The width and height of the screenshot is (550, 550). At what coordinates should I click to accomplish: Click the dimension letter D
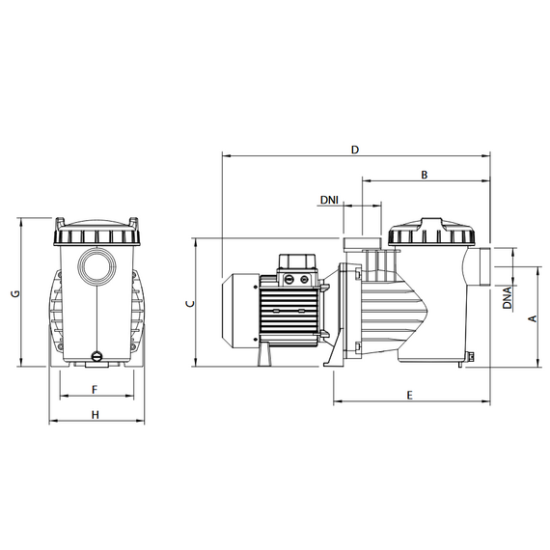[x=355, y=150]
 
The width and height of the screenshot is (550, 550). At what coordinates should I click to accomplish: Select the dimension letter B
[x=425, y=175]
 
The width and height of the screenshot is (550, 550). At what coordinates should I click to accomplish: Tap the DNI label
[x=329, y=200]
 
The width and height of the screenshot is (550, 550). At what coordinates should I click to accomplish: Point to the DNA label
[x=507, y=298]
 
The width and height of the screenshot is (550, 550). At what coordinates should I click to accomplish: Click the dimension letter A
[x=533, y=318]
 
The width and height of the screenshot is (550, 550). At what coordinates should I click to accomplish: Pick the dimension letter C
[x=190, y=304]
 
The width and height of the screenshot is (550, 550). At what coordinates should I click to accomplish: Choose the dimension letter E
[x=410, y=396]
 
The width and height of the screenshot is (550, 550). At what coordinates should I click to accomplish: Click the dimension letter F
[x=95, y=390]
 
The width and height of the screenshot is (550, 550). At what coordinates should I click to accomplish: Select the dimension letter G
[x=15, y=293]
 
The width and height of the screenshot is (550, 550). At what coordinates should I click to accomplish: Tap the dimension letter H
[x=96, y=415]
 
